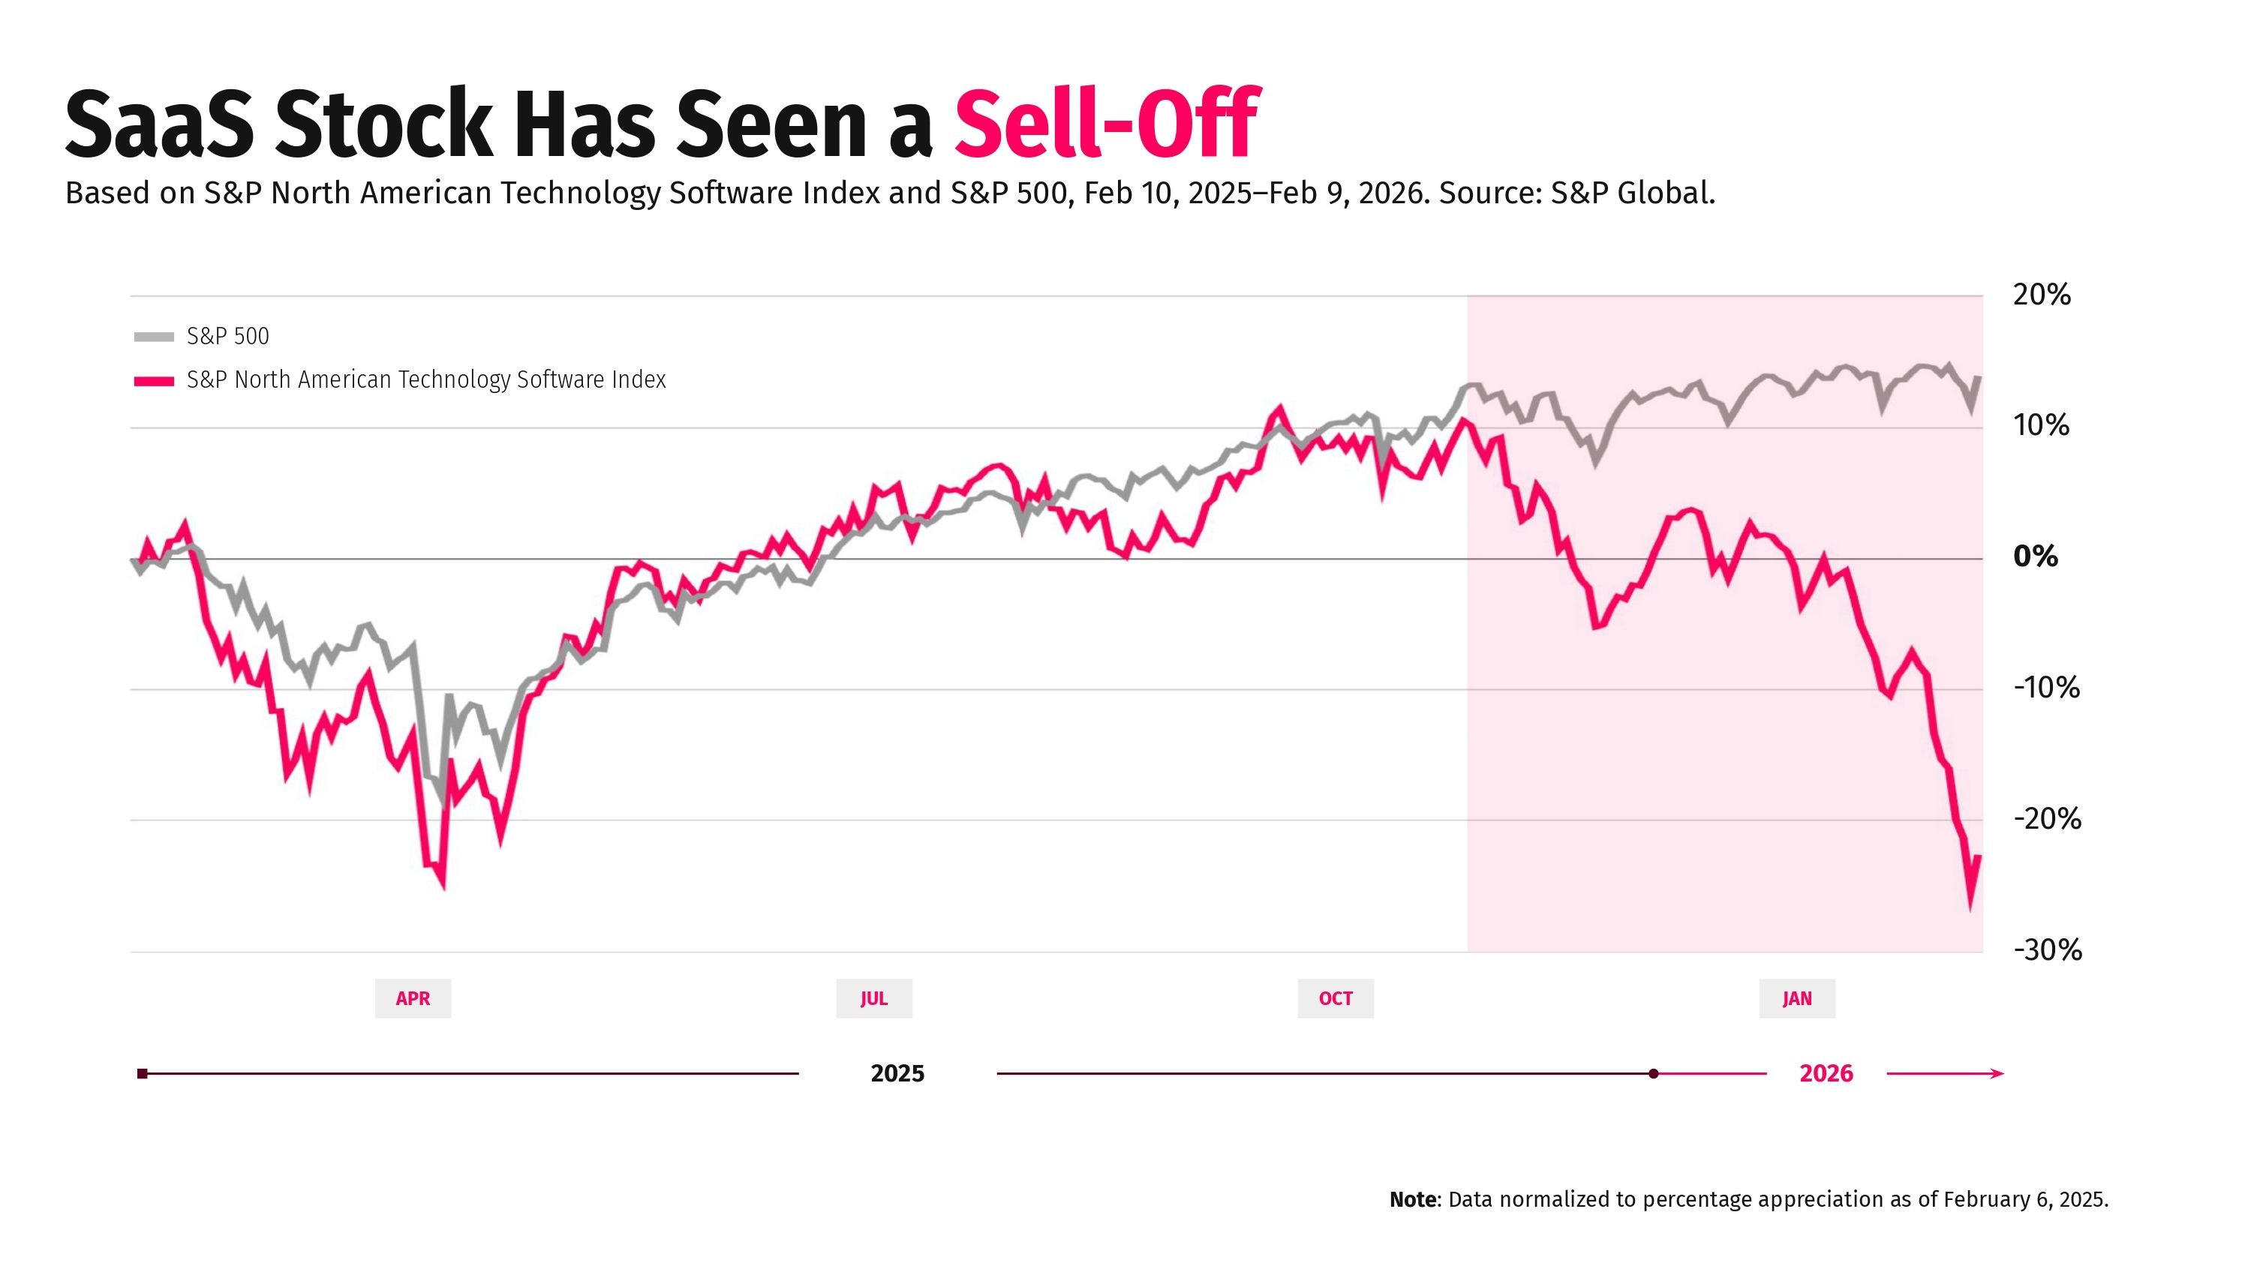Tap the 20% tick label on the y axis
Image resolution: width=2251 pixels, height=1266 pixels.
pyautogui.click(x=2041, y=295)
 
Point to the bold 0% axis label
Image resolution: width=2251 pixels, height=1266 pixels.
pyautogui.click(x=2035, y=556)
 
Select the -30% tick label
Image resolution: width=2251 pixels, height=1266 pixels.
pyautogui.click(x=2048, y=950)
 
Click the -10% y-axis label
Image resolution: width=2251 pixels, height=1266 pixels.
pyautogui.click(x=2046, y=688)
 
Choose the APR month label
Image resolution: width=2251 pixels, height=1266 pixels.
pyautogui.click(x=413, y=999)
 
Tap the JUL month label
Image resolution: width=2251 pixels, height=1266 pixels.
pyautogui.click(x=874, y=999)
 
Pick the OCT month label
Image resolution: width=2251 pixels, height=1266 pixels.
pyautogui.click(x=1336, y=999)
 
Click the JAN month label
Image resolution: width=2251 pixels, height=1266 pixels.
pyautogui.click(x=1796, y=999)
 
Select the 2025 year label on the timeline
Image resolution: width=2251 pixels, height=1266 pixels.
pyautogui.click(x=897, y=1074)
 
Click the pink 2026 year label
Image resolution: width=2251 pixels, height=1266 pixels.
pyautogui.click(x=1826, y=1074)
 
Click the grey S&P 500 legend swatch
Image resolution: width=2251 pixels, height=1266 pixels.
pyautogui.click(x=154, y=337)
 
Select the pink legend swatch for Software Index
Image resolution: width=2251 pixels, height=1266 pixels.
pyautogui.click(x=154, y=381)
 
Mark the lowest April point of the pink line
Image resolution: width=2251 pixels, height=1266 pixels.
pyautogui.click(x=443, y=886)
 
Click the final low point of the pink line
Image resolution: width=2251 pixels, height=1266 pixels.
pyautogui.click(x=1970, y=905)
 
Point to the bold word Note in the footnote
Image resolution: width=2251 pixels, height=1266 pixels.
pyautogui.click(x=1412, y=1199)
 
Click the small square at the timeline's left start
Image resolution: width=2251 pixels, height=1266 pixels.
pyautogui.click(x=143, y=1074)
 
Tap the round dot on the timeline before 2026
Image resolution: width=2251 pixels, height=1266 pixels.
pyautogui.click(x=1653, y=1074)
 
